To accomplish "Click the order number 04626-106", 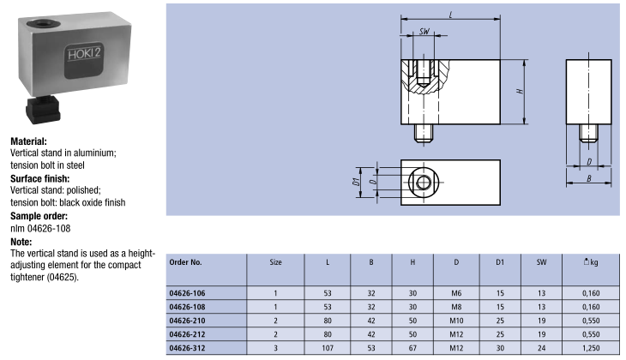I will click(x=187, y=294).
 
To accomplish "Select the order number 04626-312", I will click(x=187, y=348).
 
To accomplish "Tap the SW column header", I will click(x=540, y=261).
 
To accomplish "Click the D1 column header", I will click(x=498, y=261).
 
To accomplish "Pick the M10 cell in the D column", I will click(x=455, y=321).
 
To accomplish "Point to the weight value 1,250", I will click(x=587, y=348).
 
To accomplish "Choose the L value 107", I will click(x=328, y=348).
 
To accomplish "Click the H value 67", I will click(x=413, y=348).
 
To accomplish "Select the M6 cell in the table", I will click(x=455, y=294).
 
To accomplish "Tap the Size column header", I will click(x=275, y=261).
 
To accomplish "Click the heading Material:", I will click(x=28, y=141).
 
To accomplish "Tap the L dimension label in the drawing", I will click(x=451, y=15).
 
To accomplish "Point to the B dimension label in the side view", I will click(x=588, y=179).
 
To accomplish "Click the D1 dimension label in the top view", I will click(x=354, y=181).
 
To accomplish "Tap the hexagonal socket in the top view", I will click(x=423, y=181).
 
